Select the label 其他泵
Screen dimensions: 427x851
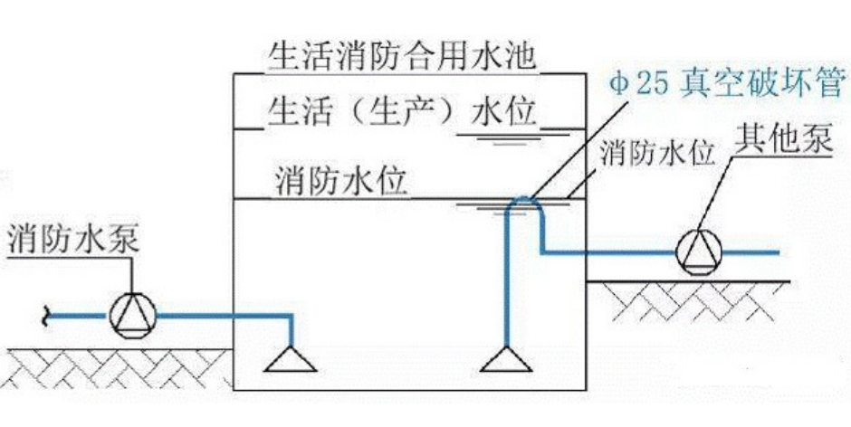pos(783,140)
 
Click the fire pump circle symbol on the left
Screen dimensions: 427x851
pos(132,315)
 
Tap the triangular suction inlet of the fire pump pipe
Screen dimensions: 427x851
pos(291,361)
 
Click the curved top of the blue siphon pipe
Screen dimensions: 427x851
pos(523,201)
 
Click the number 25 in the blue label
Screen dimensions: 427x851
pos(651,88)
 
